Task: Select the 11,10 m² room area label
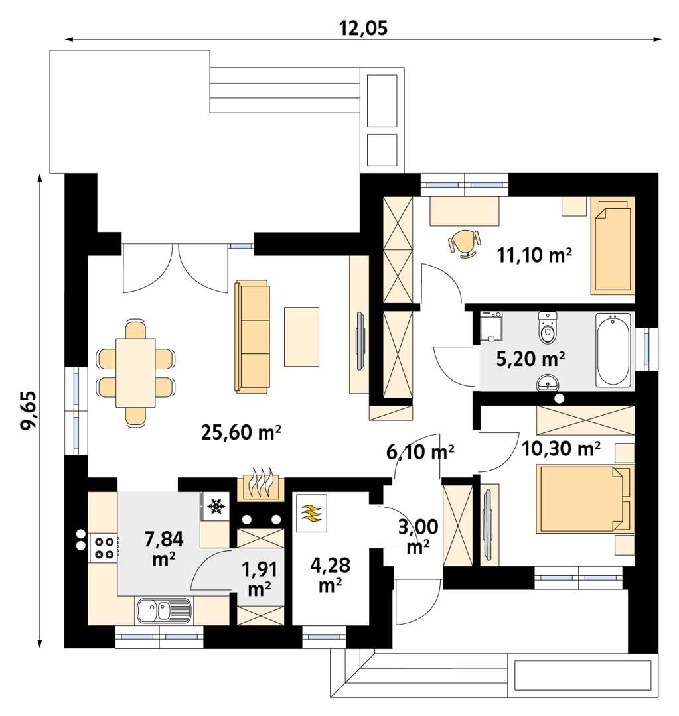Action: click(x=534, y=255)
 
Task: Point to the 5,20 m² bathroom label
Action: click(x=531, y=359)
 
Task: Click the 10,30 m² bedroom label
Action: click(x=561, y=449)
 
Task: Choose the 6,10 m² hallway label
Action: click(x=419, y=452)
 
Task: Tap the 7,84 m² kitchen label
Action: click(x=163, y=547)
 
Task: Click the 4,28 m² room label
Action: click(x=330, y=575)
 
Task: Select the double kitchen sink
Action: click(x=163, y=610)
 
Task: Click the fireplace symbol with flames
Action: click(x=260, y=485)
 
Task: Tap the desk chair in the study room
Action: click(x=465, y=242)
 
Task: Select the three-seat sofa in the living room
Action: click(x=252, y=337)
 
